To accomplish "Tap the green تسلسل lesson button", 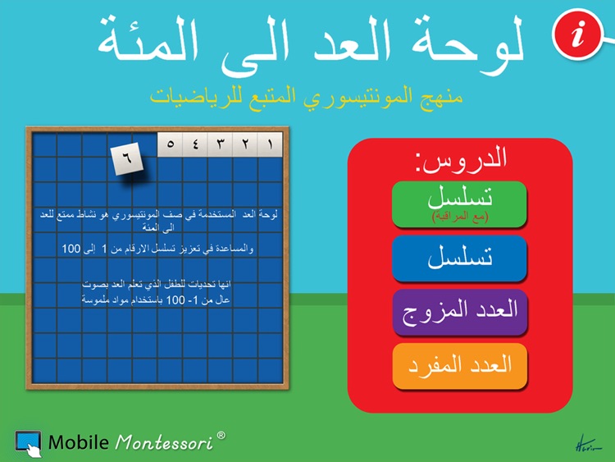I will click(x=458, y=204).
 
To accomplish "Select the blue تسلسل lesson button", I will click(x=458, y=258).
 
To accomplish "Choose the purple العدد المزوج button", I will click(x=458, y=312).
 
